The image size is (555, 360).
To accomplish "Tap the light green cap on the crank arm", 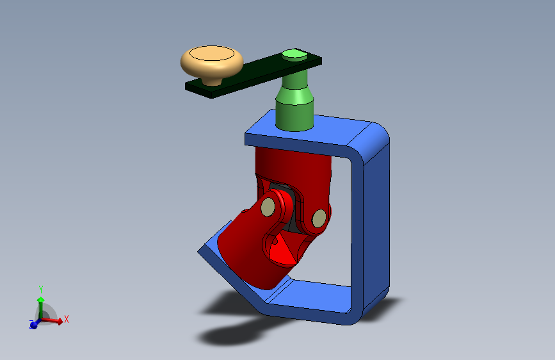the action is click(294, 54).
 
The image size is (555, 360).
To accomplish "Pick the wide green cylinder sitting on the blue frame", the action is click(294, 115).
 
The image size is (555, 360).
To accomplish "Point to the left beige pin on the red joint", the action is click(268, 207).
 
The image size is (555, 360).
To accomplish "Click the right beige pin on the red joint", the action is click(319, 218).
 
